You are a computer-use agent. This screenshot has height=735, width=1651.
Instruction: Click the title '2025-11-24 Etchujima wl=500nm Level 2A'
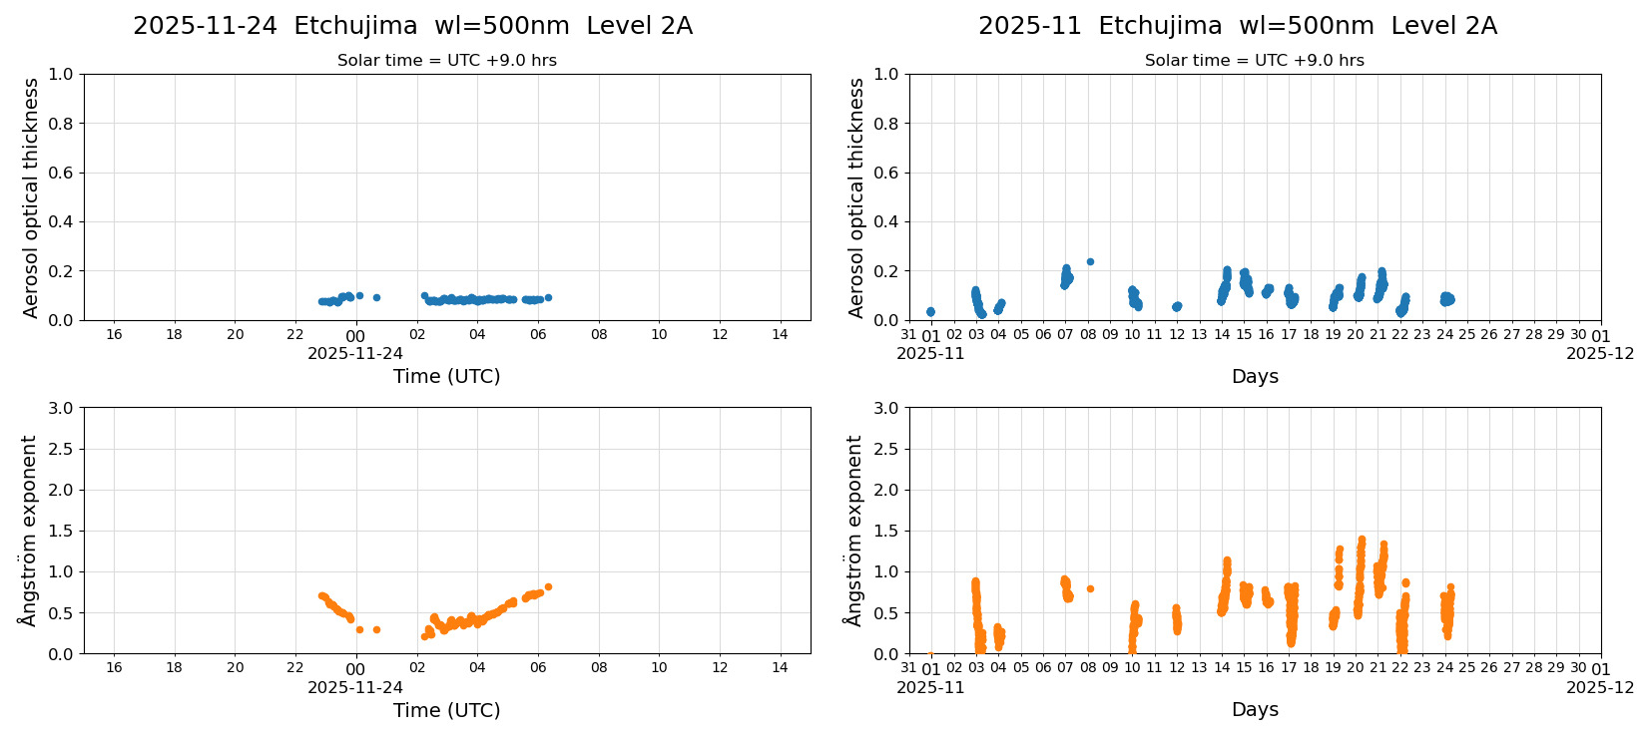[x=412, y=26]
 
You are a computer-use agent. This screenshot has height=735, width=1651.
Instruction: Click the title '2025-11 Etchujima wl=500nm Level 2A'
[x=1237, y=26]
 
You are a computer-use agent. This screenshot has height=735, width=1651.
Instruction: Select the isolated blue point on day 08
[x=1090, y=262]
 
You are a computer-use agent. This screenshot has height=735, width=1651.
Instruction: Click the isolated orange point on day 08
[x=1090, y=588]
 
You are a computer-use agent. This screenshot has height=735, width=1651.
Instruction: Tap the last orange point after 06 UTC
[x=548, y=586]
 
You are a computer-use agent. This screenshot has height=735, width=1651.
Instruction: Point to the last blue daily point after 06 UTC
[x=548, y=297]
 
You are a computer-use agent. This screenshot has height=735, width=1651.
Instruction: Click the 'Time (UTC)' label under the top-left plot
[x=446, y=376]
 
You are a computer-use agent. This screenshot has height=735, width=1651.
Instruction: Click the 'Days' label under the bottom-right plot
[x=1254, y=709]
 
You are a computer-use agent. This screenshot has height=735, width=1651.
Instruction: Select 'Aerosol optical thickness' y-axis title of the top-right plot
[x=856, y=197]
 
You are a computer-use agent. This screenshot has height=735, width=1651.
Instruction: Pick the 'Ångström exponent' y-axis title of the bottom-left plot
[x=29, y=531]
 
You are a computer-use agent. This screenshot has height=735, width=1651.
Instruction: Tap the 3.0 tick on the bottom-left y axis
[x=61, y=408]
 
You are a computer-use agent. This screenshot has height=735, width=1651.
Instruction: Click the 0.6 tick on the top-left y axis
[x=61, y=173]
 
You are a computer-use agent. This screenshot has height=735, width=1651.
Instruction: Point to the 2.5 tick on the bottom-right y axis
[x=886, y=449]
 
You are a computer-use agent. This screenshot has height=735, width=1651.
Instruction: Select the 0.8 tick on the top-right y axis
[x=886, y=124]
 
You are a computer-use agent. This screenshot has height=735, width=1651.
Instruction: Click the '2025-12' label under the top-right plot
[x=1599, y=353]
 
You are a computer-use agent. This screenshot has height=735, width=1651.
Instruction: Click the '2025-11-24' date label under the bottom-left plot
[x=355, y=687]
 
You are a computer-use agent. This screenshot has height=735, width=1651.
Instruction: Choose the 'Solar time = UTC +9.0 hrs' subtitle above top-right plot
[x=1254, y=60]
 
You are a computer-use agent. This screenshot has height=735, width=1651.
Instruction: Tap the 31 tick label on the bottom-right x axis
[x=908, y=668]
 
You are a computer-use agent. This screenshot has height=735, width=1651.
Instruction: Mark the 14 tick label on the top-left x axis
[x=780, y=334]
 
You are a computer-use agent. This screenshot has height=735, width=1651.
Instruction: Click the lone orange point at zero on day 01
[x=930, y=653]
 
